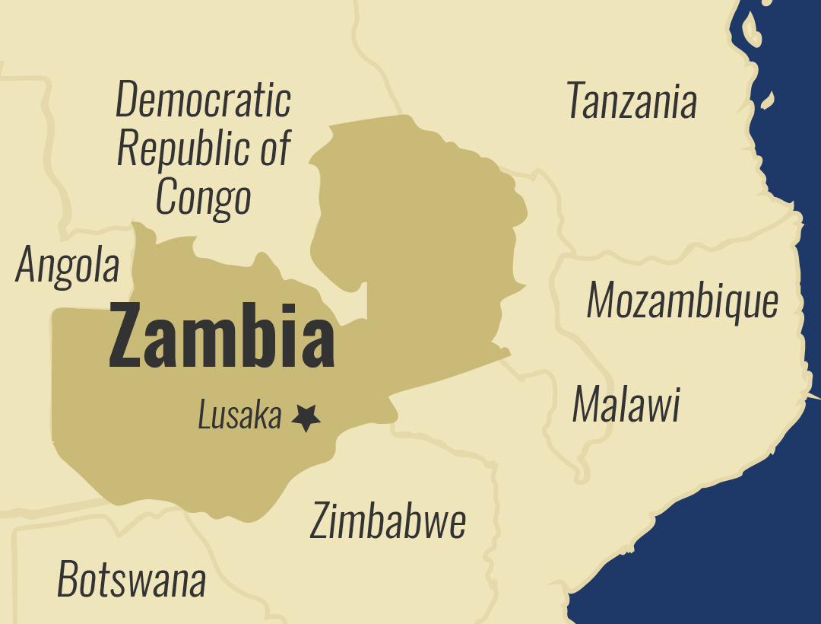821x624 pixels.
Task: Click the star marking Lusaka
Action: coord(306,418)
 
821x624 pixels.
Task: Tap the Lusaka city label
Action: coord(239,416)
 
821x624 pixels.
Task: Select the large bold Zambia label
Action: coord(221,336)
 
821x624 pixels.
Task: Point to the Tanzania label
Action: coord(631,101)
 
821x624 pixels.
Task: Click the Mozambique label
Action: coord(682,301)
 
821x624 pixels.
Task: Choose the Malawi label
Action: coord(626,405)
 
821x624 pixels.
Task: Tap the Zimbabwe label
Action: coord(388,522)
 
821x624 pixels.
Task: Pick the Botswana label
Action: coord(132,580)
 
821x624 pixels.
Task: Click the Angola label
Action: coord(68,266)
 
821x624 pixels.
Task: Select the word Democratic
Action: coord(203,100)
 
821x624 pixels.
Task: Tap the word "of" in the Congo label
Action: coord(275,148)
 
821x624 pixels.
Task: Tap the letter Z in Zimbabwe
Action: coord(320,522)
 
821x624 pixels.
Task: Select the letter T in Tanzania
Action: coord(576,101)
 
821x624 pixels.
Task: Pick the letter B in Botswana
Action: coord(68,580)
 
